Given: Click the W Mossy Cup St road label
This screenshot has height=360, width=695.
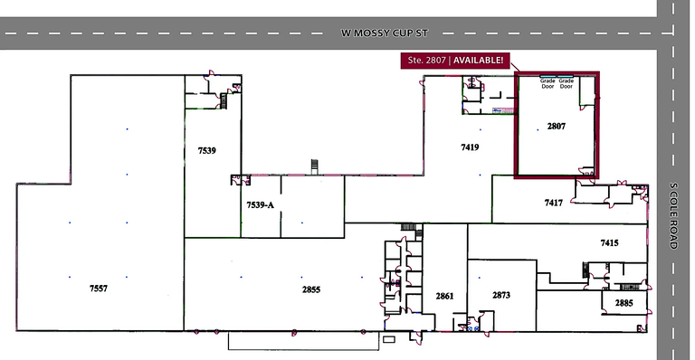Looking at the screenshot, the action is pyautogui.click(x=385, y=33).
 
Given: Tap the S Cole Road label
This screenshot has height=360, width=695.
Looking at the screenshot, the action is pyautogui.click(x=673, y=215).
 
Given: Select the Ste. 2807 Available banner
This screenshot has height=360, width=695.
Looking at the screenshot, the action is pyautogui.click(x=455, y=61).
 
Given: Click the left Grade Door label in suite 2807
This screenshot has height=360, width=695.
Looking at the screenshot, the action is pyautogui.click(x=547, y=84).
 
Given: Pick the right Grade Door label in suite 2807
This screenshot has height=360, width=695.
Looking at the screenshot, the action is pyautogui.click(x=566, y=84).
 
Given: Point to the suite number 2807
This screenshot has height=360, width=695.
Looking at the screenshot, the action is pyautogui.click(x=557, y=127).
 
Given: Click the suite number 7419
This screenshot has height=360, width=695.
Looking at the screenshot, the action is pyautogui.click(x=470, y=147).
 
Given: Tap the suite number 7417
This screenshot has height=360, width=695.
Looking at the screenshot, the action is pyautogui.click(x=554, y=203).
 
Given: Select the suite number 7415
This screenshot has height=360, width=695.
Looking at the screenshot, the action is pyautogui.click(x=609, y=242).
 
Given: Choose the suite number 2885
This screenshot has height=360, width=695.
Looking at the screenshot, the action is pyautogui.click(x=624, y=303).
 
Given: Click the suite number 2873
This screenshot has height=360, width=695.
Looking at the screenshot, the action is pyautogui.click(x=501, y=295).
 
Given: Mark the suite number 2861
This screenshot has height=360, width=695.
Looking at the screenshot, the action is pyautogui.click(x=444, y=296).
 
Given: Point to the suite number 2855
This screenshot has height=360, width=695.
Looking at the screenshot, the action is pyautogui.click(x=311, y=289).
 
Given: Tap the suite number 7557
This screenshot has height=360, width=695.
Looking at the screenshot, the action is pyautogui.click(x=99, y=289).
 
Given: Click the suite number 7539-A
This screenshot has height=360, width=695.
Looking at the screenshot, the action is pyautogui.click(x=261, y=205).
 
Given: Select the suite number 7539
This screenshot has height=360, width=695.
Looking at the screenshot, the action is pyautogui.click(x=207, y=150).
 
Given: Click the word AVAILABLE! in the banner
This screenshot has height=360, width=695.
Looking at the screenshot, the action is pyautogui.click(x=478, y=61).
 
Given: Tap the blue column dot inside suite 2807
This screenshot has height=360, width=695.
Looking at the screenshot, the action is pyautogui.click(x=538, y=129).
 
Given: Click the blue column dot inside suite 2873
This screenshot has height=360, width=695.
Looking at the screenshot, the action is pyautogui.click(x=479, y=278).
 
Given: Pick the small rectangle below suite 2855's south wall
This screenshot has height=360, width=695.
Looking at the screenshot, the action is pyautogui.click(x=389, y=339).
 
